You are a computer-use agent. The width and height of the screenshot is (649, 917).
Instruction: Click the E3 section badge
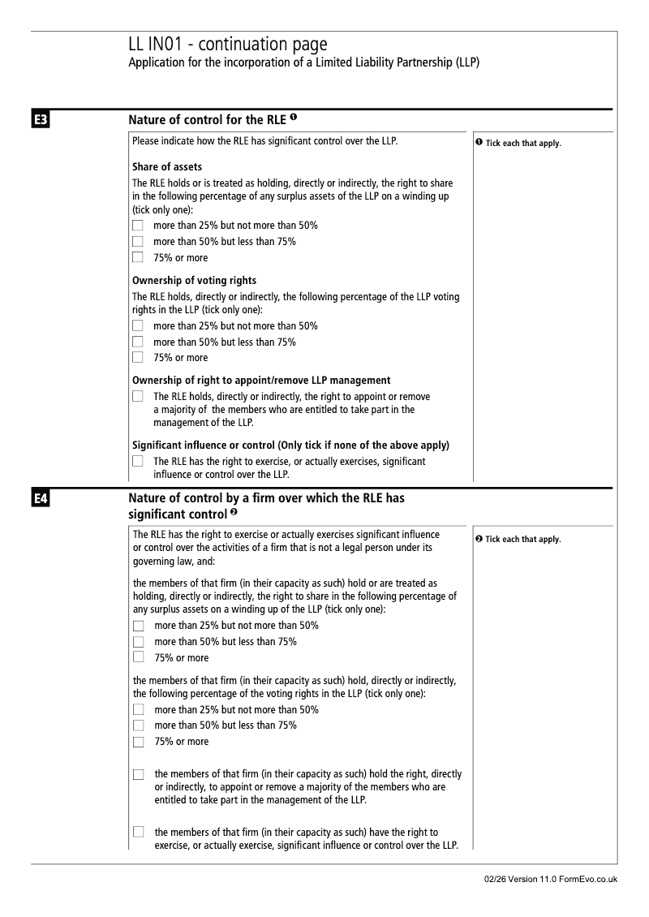tap(41, 122)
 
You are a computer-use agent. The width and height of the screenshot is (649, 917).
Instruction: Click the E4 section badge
tap(41, 500)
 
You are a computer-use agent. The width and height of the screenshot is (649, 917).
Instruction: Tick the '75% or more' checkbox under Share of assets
tap(138, 258)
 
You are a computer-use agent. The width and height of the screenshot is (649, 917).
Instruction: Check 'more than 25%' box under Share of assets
tap(138, 225)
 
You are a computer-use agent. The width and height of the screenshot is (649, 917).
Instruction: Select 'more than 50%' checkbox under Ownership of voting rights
tap(138, 342)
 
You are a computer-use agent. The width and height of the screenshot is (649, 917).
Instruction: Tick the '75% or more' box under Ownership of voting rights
tap(138, 357)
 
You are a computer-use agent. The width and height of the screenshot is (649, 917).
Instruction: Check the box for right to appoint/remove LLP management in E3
tap(138, 397)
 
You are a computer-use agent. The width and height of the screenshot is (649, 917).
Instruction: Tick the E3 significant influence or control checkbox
tap(138, 462)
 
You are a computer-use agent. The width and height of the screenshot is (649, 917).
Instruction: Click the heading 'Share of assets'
tap(167, 167)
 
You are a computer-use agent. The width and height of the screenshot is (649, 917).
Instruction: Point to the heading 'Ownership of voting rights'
tap(194, 281)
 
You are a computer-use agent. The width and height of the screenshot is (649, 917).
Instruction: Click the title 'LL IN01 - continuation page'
tap(228, 44)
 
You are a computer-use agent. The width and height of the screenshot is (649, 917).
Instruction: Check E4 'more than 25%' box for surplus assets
tap(139, 626)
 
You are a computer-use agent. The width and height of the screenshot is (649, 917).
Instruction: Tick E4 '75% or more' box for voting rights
tap(139, 742)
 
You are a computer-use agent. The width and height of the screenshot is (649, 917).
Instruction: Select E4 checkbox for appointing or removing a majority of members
tap(139, 775)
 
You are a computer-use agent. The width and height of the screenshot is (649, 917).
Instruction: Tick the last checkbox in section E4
tap(139, 833)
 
